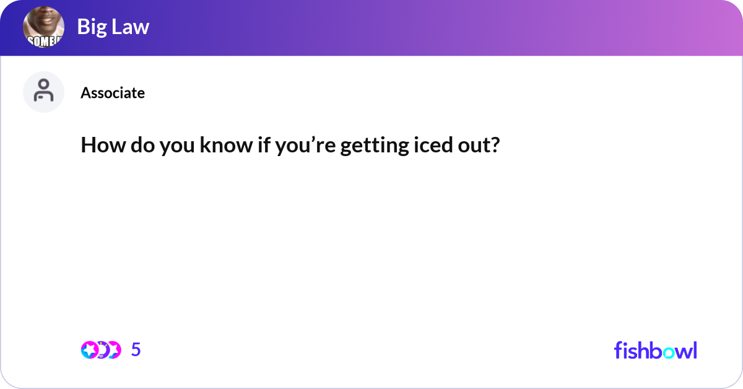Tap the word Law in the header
[x=131, y=27]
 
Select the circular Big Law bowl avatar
[x=44, y=28]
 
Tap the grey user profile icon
[x=44, y=92]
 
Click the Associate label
[x=113, y=93]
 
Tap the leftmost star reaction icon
[x=89, y=350]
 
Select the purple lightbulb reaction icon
[x=102, y=350]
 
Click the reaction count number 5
[x=136, y=350]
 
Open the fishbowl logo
[x=655, y=350]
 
